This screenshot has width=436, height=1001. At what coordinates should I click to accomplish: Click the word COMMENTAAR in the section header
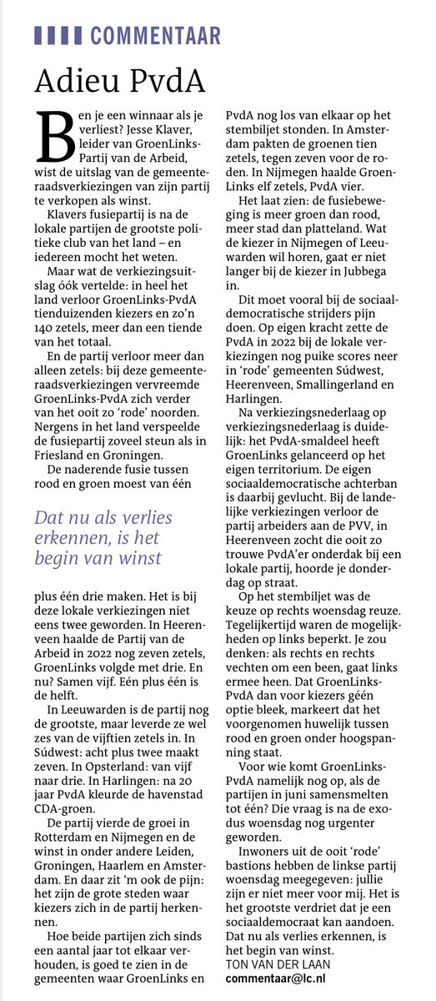pyautogui.click(x=156, y=35)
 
